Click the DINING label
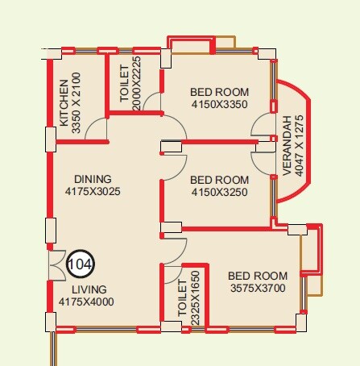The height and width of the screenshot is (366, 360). (x=93, y=179)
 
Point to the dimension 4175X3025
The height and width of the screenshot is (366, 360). (x=93, y=192)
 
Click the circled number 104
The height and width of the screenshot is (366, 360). (x=80, y=263)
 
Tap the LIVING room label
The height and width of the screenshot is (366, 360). (x=89, y=289)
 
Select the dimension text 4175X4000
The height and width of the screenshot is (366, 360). (x=87, y=302)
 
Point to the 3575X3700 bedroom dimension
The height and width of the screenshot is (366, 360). (x=258, y=287)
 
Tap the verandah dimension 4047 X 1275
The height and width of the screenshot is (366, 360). (x=300, y=144)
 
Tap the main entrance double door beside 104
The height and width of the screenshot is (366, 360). (x=56, y=264)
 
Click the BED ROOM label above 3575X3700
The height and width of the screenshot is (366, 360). (x=258, y=275)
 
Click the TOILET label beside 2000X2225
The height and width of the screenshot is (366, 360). (x=124, y=83)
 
